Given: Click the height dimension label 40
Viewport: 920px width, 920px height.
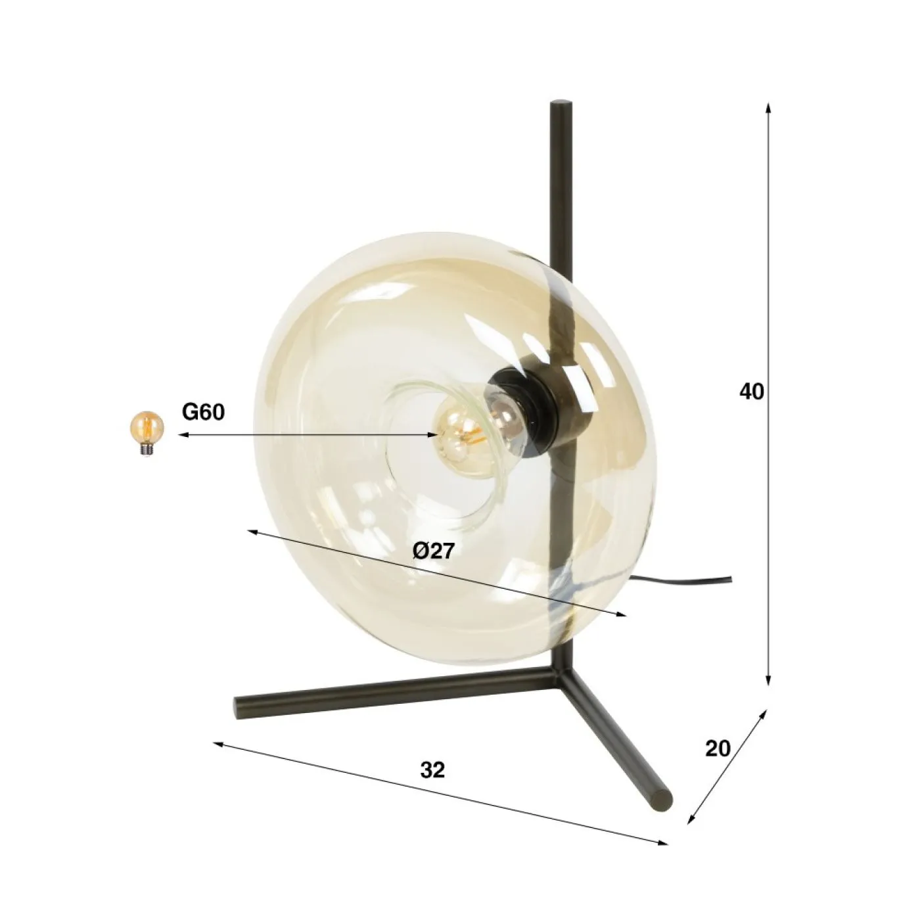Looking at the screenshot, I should [x=752, y=392].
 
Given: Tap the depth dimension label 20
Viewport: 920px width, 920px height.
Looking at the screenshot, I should [x=718, y=748].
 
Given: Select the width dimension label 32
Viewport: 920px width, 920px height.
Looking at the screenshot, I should [x=432, y=770].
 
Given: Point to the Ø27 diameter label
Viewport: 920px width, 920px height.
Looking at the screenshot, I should [x=434, y=551].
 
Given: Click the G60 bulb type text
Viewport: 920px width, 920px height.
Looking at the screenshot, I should [x=203, y=412].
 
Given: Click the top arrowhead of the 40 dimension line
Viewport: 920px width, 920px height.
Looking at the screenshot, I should [x=768, y=106].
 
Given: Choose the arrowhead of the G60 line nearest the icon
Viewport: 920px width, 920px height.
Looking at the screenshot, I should [x=182, y=434].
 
